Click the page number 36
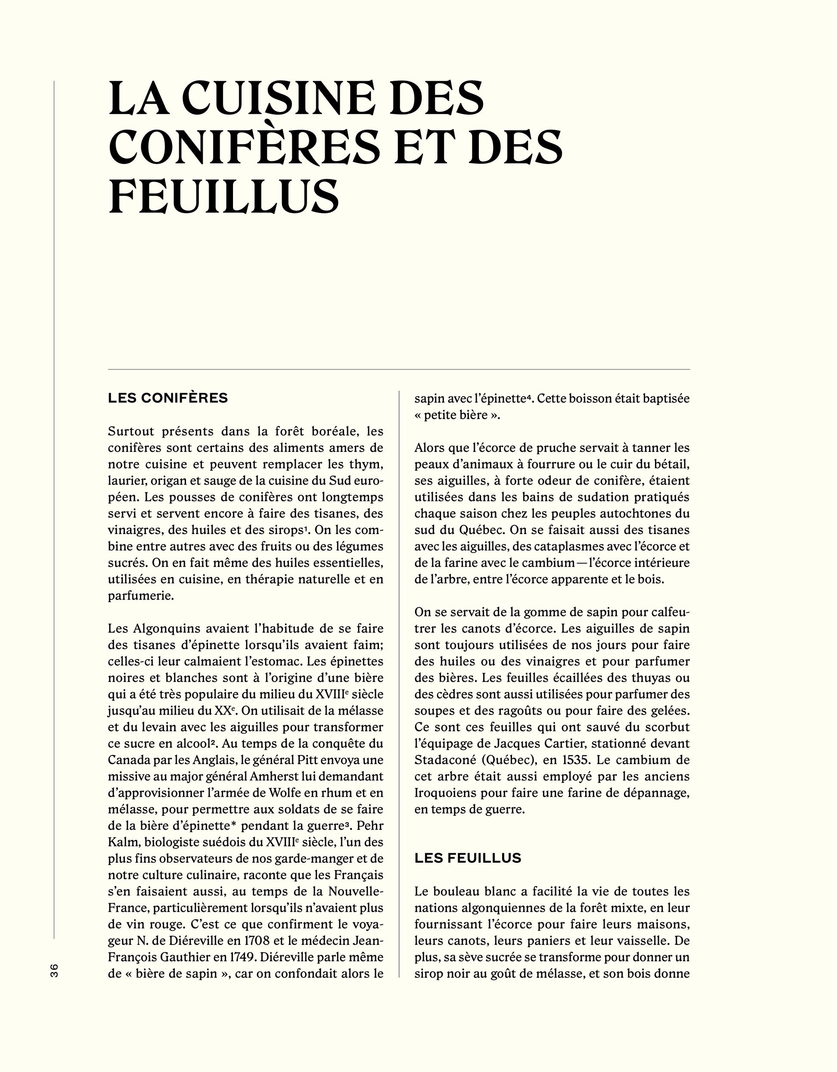tap(54, 970)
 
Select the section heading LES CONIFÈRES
tap(168, 398)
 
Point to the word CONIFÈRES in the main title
tap(244, 147)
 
